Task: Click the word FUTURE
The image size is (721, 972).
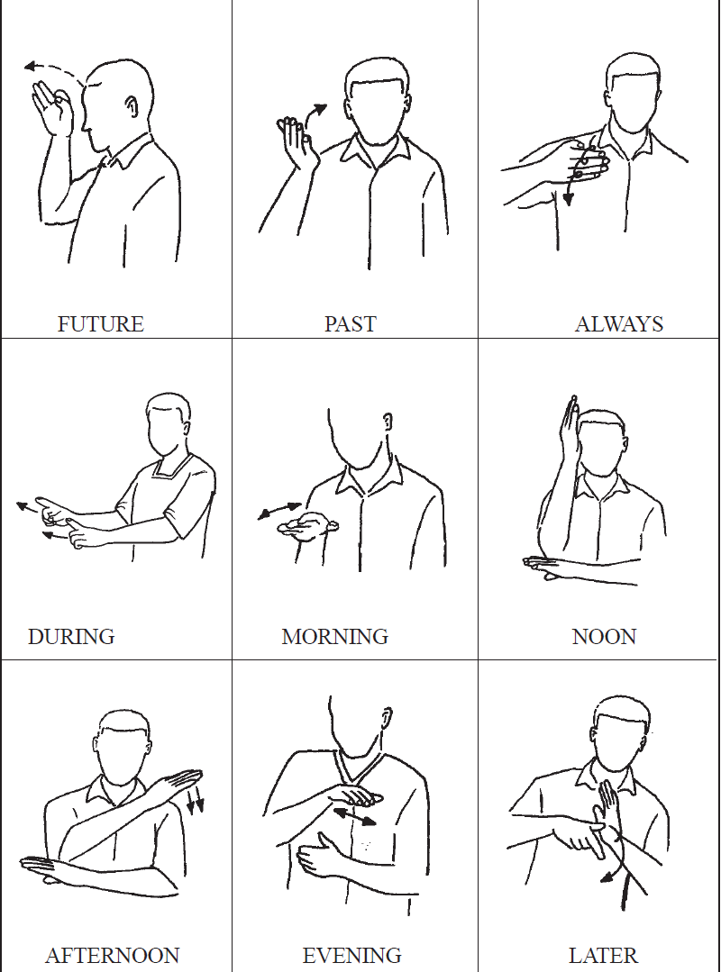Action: click(100, 323)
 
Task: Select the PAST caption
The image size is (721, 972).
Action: click(351, 323)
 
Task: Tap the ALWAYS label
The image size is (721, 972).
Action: click(619, 323)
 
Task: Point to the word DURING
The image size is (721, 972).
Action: click(71, 637)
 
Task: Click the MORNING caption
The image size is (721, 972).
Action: click(334, 637)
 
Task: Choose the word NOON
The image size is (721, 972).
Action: click(604, 637)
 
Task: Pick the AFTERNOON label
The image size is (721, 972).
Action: click(113, 955)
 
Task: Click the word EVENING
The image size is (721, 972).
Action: click(351, 955)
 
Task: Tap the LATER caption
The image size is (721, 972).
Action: click(603, 955)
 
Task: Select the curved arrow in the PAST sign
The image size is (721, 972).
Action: click(315, 114)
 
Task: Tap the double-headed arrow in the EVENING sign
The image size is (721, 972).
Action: click(354, 816)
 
